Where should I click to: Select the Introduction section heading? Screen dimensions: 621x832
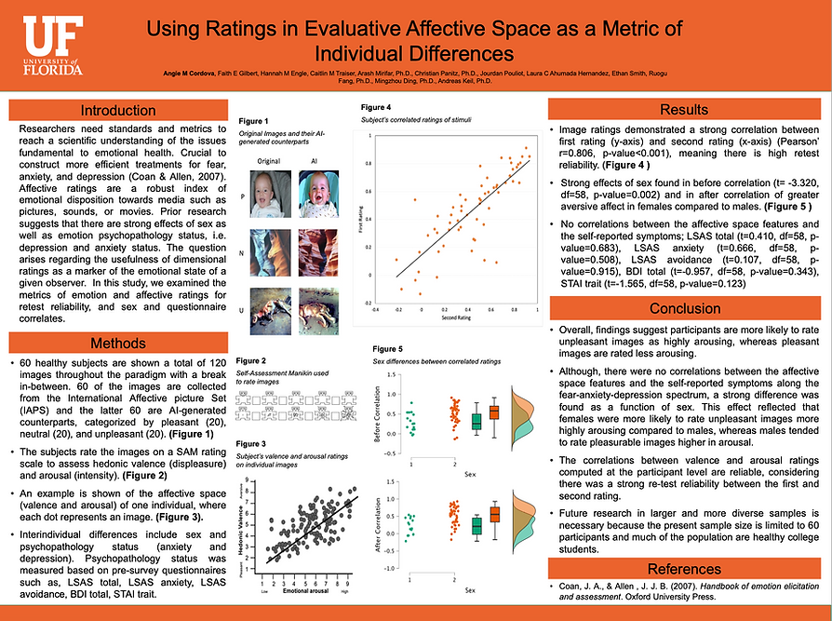117,110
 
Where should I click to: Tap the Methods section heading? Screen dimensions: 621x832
117,343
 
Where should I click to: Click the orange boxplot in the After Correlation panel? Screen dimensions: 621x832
494,514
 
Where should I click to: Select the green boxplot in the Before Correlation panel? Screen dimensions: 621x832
476,420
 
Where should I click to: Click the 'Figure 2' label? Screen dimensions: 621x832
251,360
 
